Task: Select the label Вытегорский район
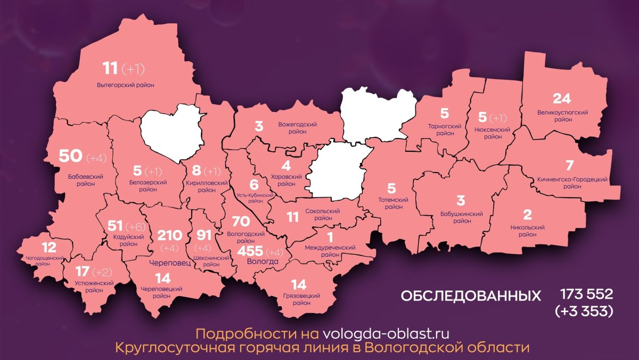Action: point(126,85)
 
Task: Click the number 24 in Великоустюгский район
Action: point(562,99)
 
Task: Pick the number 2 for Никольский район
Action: point(527,215)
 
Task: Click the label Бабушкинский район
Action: point(461,217)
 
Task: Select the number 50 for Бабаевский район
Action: point(70,156)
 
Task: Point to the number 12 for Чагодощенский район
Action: point(48,247)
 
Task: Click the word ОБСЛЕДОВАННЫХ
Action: point(470,296)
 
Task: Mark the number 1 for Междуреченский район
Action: point(330,237)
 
